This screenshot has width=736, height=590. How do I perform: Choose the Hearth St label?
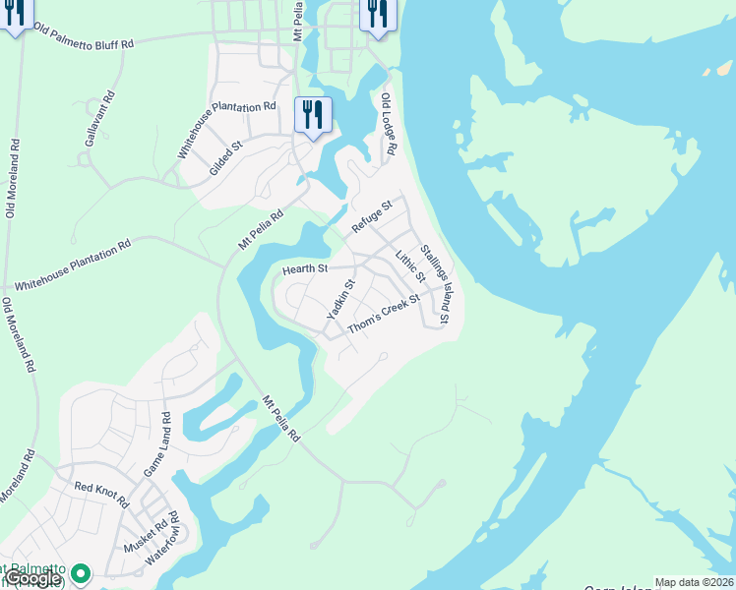pos(304,268)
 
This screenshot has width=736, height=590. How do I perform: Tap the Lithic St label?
pos(408,268)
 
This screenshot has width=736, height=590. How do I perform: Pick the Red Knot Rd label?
pos(101,493)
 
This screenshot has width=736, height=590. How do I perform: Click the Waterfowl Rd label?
pos(161,538)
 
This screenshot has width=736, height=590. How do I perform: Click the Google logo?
pos(32,578)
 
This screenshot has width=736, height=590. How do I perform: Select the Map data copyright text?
pos(694,582)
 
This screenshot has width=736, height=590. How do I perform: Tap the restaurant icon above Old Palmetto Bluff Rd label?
pos(14,16)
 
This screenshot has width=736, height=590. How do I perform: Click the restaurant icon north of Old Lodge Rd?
pos(377,16)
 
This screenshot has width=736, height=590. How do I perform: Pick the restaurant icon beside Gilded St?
pos(312,116)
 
